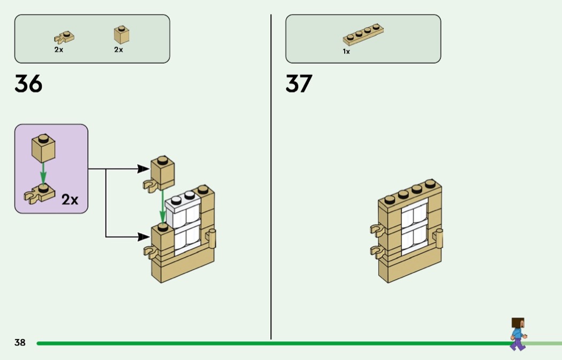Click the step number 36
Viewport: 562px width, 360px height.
28,84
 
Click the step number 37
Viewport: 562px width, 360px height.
299,84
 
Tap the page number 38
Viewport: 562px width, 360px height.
20,342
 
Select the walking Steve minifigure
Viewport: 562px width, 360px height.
518,334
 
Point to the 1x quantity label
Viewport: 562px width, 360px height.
346,52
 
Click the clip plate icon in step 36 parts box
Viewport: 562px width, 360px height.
64,37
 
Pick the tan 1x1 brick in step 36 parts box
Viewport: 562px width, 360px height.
121,35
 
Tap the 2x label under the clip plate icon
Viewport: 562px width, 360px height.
58,50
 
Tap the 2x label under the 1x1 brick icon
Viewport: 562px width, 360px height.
118,50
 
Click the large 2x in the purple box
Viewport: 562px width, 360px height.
70,200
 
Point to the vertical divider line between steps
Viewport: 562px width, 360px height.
271,177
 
